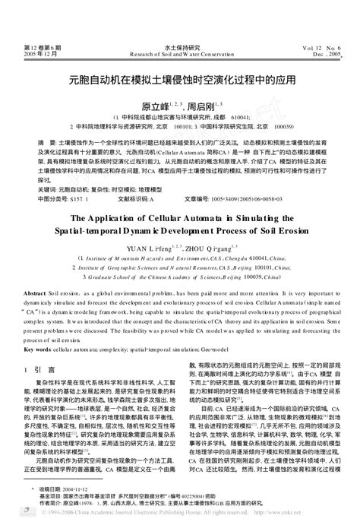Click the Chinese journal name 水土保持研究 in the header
[x=179, y=46]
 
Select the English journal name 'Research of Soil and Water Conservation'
[x=179, y=55]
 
